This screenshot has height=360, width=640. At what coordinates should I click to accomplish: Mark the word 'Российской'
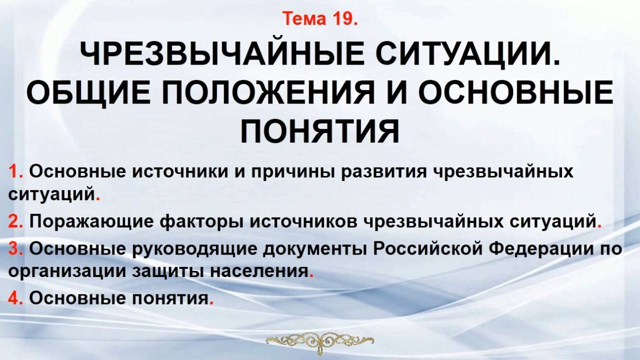point(430,249)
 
